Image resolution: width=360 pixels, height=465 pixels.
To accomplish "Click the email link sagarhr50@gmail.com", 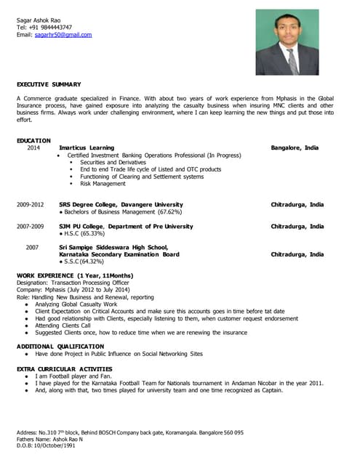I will click(63, 34).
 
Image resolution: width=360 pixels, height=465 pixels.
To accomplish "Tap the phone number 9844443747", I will click(57, 27).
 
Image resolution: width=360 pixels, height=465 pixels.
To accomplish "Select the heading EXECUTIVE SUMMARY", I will click(49, 85).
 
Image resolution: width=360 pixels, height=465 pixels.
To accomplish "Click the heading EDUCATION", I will click(33, 140).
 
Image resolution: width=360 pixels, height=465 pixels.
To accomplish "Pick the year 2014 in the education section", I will click(34, 147).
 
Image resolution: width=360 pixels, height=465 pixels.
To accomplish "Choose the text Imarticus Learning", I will click(86, 147).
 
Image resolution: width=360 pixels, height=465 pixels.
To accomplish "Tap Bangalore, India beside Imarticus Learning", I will click(295, 147).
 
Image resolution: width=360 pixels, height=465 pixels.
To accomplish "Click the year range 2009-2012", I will click(31, 205).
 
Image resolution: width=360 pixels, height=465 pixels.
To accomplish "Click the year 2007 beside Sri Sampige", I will click(32, 248).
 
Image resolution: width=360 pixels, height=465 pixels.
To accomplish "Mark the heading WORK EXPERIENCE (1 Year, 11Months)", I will click(75, 275).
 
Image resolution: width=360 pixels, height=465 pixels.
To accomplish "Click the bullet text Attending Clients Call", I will click(65, 325).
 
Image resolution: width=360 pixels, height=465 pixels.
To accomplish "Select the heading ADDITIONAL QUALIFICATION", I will click(60, 346).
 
